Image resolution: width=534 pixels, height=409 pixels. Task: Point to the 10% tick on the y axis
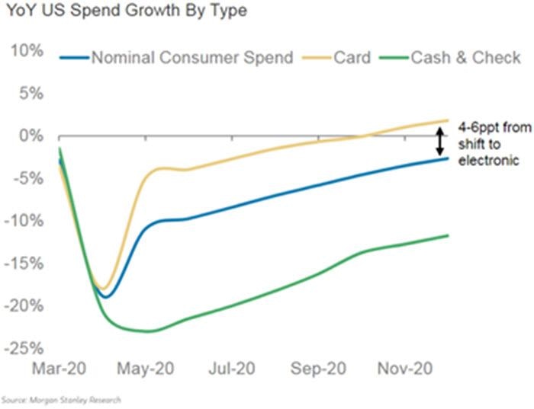click(x=27, y=51)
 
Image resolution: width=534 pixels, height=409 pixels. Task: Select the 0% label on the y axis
click(x=31, y=136)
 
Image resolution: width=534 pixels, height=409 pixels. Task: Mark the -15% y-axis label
click(x=24, y=264)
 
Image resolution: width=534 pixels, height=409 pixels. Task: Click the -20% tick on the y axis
click(x=24, y=306)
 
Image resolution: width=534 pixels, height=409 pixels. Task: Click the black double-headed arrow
click(x=439, y=140)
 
